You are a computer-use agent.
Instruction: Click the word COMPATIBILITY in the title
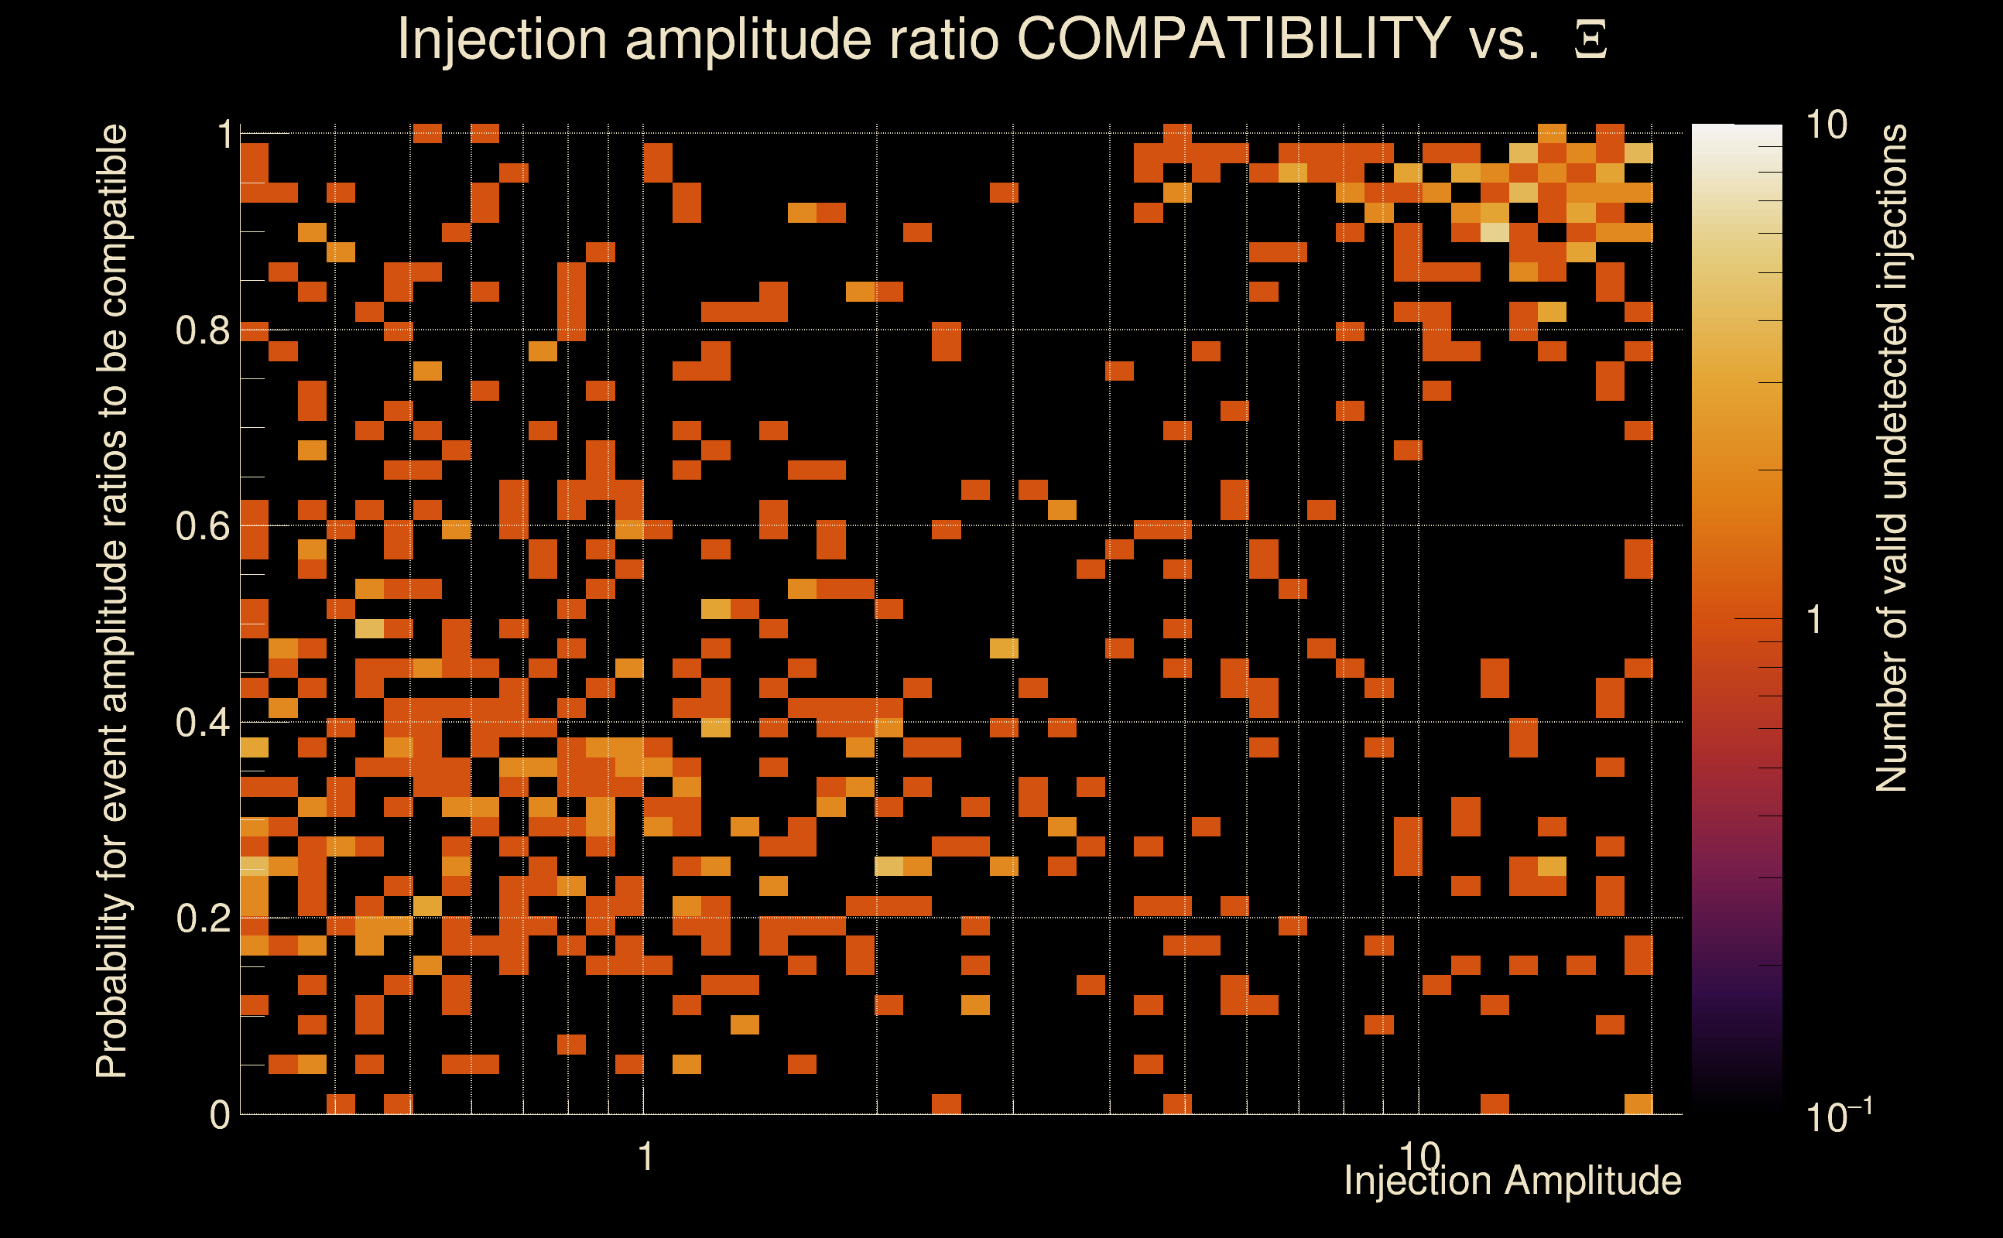point(1233,39)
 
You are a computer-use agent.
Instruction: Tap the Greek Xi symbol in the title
point(1590,40)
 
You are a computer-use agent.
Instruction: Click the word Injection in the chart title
point(502,39)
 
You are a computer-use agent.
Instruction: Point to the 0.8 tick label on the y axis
point(202,331)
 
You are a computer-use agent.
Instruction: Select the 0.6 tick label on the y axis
point(202,526)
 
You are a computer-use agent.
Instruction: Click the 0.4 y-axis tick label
point(202,723)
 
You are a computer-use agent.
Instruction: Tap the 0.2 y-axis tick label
point(202,918)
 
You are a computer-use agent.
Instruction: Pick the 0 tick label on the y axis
point(220,1115)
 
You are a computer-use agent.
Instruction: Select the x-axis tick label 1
point(645,1157)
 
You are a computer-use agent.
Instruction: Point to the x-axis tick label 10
point(1419,1157)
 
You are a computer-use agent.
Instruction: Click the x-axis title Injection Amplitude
point(1512,1181)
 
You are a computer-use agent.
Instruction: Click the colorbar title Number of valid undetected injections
point(1892,459)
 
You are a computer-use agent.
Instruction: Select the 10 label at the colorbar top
point(1826,125)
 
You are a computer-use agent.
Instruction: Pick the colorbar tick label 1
point(1815,620)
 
